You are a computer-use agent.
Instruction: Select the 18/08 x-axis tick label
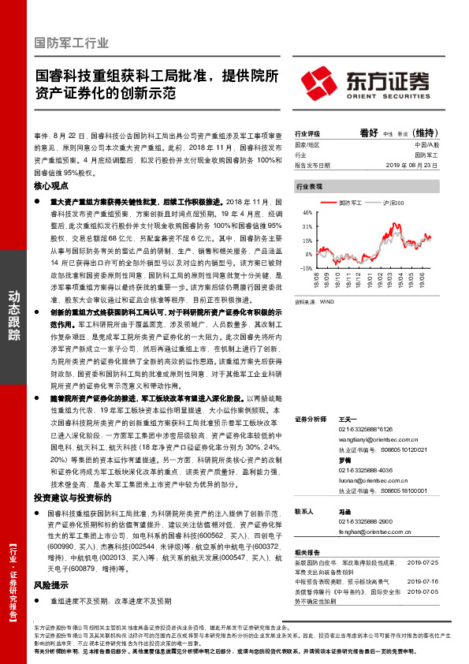321,279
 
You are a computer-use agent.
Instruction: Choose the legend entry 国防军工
351,202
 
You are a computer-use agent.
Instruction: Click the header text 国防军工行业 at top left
73,43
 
